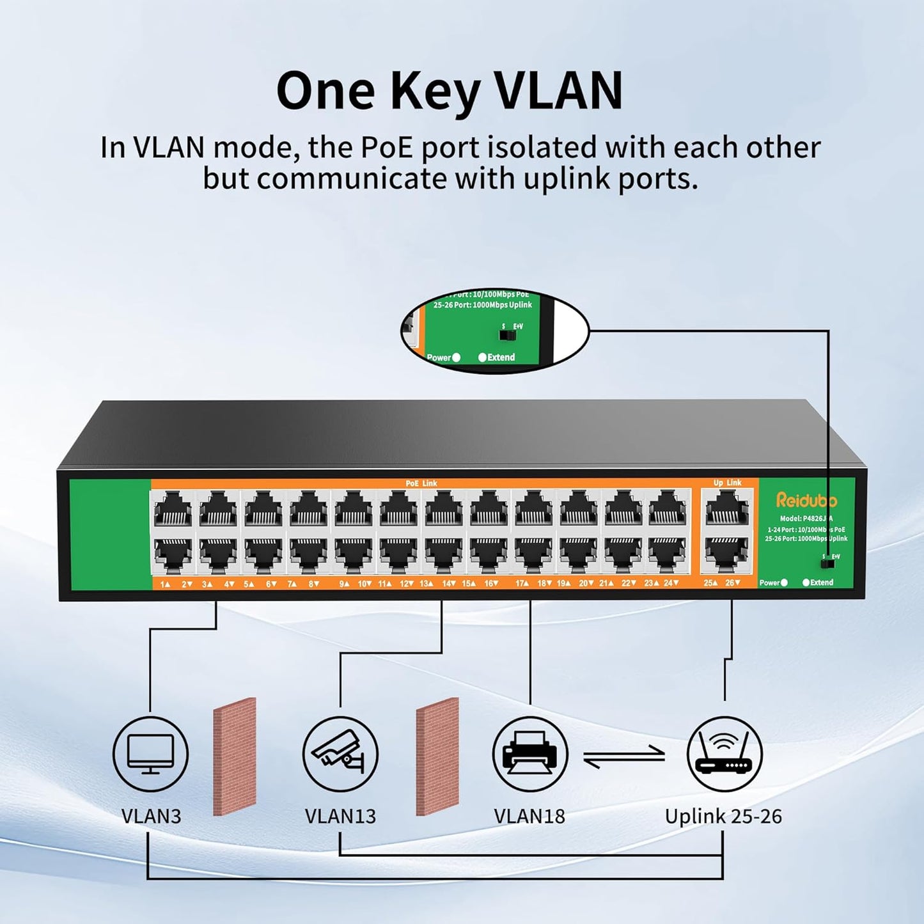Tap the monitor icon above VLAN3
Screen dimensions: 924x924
[x=150, y=754]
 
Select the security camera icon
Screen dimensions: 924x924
[x=340, y=754]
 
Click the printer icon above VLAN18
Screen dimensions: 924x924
[x=529, y=754]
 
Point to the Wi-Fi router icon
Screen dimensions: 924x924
[x=724, y=754]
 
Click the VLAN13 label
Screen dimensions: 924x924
[x=340, y=817]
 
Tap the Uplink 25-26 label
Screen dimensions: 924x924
[x=723, y=817]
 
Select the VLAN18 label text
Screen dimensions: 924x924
[x=529, y=817]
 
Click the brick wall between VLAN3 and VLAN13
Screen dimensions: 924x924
[x=235, y=756]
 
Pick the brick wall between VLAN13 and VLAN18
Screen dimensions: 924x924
[x=437, y=756]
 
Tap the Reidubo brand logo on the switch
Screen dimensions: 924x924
[x=806, y=500]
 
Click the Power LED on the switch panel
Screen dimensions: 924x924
[x=785, y=583]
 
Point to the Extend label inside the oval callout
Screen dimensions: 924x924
[x=501, y=357]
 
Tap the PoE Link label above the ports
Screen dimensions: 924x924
[x=421, y=483]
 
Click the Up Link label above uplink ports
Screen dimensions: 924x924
[x=727, y=483]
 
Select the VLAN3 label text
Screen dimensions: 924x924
[x=151, y=817]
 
